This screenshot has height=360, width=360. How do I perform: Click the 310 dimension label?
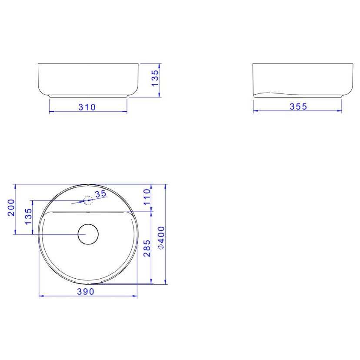[x=87, y=107]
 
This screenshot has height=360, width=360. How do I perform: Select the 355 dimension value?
[x=298, y=107]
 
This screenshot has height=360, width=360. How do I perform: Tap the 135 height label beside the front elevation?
[x=155, y=78]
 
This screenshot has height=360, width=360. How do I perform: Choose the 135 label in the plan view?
[x=28, y=217]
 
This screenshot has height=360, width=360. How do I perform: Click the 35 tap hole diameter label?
[x=100, y=194]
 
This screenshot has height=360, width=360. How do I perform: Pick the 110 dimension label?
[x=147, y=197]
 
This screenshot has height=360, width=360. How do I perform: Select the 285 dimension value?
[x=147, y=248]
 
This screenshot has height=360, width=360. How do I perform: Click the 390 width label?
[x=86, y=292]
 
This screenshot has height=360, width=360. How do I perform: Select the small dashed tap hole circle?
[x=88, y=200]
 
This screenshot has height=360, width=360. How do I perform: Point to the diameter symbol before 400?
[x=161, y=247]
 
